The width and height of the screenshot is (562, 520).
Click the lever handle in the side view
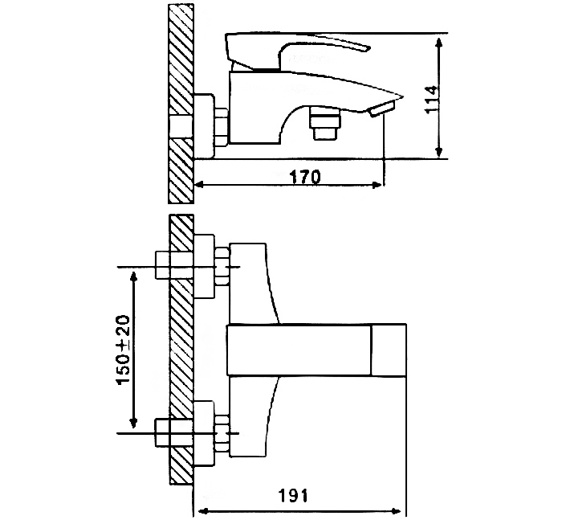(x=297, y=48)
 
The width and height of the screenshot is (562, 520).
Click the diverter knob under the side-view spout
(x=324, y=124)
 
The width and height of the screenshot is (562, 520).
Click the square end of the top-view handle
(x=389, y=351)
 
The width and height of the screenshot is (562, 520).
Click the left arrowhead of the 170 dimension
(x=200, y=185)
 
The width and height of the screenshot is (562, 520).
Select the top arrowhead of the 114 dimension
(x=439, y=39)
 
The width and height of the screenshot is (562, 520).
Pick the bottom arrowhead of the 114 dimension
(x=439, y=155)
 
